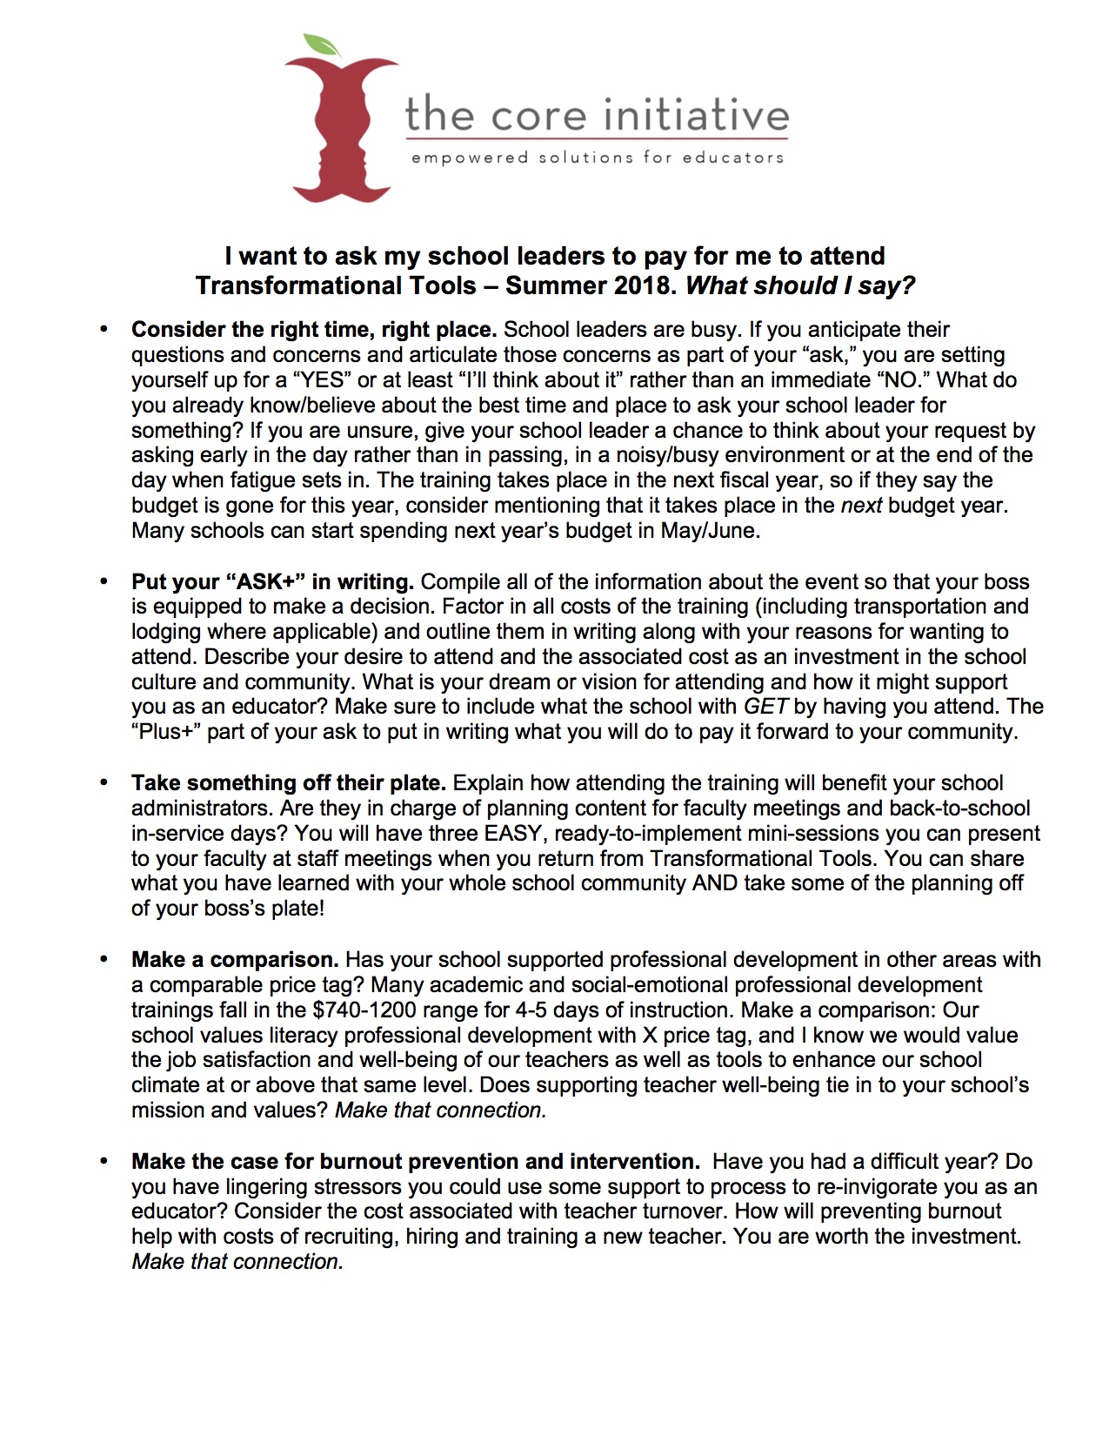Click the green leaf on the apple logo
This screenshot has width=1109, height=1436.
[322, 43]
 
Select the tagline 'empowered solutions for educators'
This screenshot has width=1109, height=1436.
[598, 158]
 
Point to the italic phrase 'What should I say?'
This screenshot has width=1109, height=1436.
[800, 285]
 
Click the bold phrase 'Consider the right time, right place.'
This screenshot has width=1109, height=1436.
[313, 330]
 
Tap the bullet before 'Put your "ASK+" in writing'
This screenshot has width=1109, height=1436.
[104, 580]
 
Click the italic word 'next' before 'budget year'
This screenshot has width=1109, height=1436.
[861, 506]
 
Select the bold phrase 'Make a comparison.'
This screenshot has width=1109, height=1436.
[235, 960]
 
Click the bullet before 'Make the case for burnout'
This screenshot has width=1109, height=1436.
[104, 1160]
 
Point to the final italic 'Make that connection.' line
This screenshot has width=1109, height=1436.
[237, 1262]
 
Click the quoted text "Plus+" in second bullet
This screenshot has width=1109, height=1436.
[167, 732]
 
